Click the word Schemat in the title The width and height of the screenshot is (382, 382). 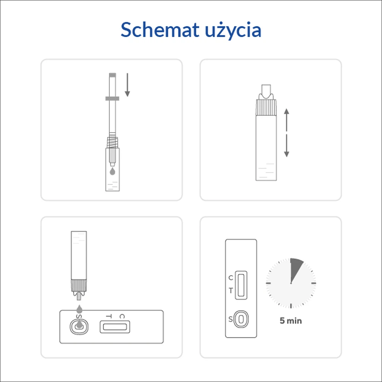coord(160,30)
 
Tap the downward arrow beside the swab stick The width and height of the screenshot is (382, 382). coord(127,85)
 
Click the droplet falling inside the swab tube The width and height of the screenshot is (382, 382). coord(112,171)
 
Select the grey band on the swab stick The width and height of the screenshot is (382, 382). coord(112,99)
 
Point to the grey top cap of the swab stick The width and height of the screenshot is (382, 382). coord(112,75)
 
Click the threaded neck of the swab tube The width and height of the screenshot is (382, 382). coord(112,142)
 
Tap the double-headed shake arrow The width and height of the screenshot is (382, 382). coord(286,133)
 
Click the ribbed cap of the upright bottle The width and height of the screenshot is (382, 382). coord(266,107)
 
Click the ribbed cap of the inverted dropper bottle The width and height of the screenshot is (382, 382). coord(79,285)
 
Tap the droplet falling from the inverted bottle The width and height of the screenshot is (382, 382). coord(79,309)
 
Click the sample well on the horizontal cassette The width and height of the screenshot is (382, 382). coord(79,327)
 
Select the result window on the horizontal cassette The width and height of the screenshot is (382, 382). coord(115,327)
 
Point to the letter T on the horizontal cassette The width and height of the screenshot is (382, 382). coord(109,316)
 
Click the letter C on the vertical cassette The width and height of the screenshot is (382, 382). coord(231,278)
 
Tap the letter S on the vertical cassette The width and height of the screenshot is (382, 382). coord(230,319)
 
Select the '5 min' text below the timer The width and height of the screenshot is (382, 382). coord(291,320)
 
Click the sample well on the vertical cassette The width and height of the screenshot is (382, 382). coord(241,319)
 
